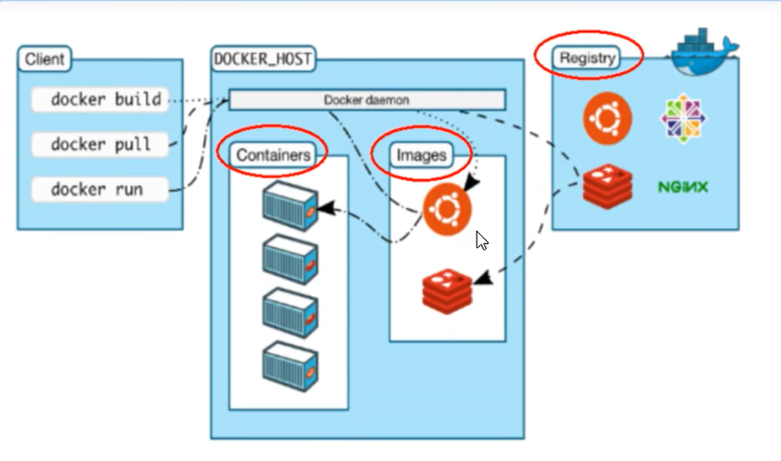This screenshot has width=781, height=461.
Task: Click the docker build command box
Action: [99, 99]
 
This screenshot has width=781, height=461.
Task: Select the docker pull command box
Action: [99, 144]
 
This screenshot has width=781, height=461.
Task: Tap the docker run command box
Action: [99, 188]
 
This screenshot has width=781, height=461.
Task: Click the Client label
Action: [44, 60]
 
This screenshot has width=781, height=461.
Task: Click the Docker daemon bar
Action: [366, 99]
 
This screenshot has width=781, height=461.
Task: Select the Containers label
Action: [273, 155]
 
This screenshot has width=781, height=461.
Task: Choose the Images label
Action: [422, 155]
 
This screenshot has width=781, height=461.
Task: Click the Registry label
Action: [588, 58]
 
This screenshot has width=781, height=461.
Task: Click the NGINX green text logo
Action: [683, 186]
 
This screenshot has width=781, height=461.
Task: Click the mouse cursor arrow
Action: [481, 240]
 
